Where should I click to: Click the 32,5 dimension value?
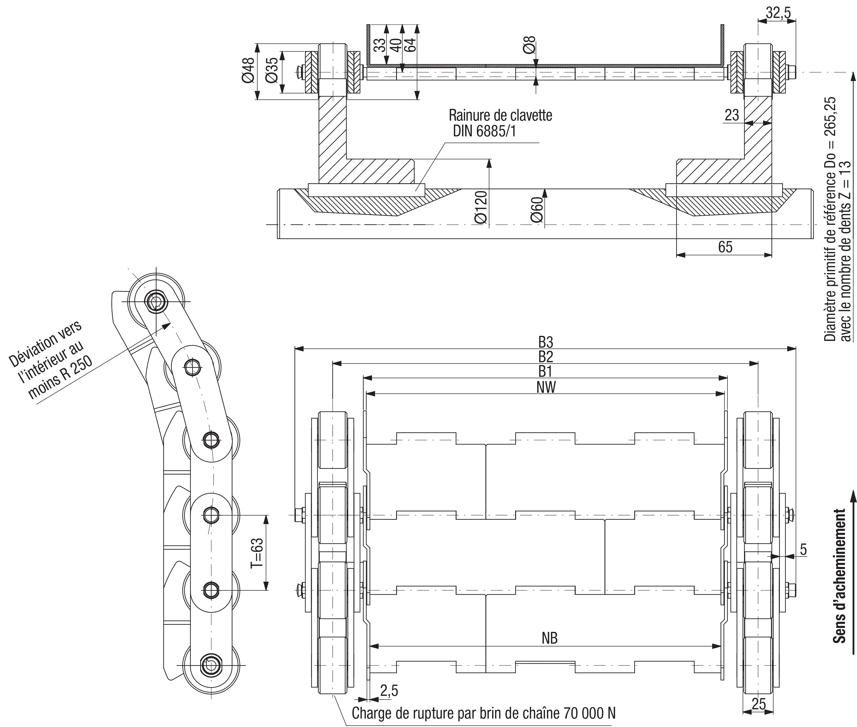(x=778, y=13)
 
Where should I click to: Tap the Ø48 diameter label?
(x=249, y=70)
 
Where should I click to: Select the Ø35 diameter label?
(x=272, y=70)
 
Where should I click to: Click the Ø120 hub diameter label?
(x=481, y=207)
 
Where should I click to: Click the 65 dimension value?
(x=725, y=247)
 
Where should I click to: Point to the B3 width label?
(x=546, y=342)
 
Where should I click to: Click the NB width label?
(x=550, y=638)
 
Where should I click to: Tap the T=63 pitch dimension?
(x=257, y=553)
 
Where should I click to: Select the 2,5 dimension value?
(x=389, y=690)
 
